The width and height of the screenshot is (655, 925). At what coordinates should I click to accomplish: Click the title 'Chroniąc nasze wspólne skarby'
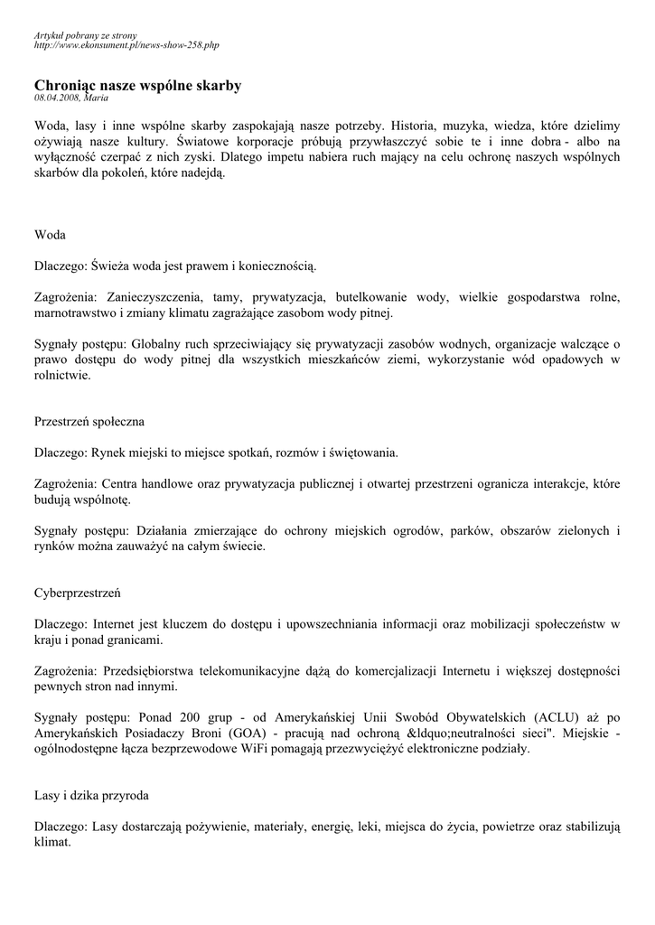click(x=137, y=85)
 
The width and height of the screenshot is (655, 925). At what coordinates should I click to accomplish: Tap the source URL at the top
click(x=126, y=44)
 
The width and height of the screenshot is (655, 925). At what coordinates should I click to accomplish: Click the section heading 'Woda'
click(x=50, y=235)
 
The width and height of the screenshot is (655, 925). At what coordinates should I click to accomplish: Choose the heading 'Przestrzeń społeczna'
click(x=89, y=421)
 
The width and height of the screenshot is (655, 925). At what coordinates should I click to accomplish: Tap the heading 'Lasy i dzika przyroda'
click(x=91, y=796)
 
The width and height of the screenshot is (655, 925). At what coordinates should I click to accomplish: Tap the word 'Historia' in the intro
click(x=417, y=126)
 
